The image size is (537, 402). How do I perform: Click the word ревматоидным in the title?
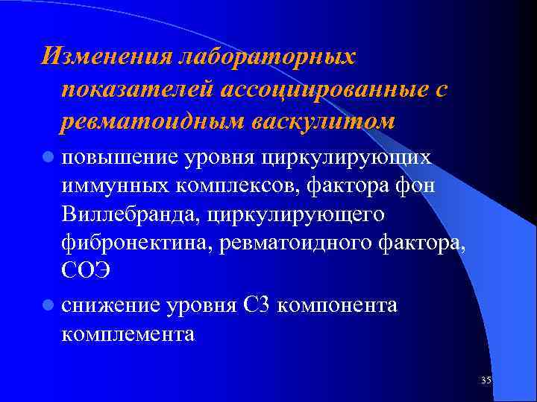pyautogui.click(x=154, y=121)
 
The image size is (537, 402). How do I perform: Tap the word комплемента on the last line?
pyautogui.click(x=128, y=334)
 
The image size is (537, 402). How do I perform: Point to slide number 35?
pyautogui.click(x=486, y=380)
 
